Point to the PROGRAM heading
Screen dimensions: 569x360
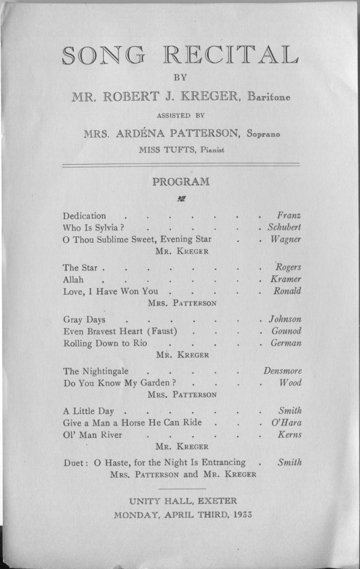[x=181, y=181]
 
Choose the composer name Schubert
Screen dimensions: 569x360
[x=284, y=227]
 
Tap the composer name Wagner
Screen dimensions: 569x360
[x=286, y=240]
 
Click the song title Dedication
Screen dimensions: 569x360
[x=84, y=216]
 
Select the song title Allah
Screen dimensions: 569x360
[x=73, y=279]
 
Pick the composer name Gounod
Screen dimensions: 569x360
[x=286, y=331]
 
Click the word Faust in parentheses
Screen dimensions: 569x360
[x=164, y=331]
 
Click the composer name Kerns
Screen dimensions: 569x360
[x=289, y=435]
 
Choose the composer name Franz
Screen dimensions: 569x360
[x=289, y=216]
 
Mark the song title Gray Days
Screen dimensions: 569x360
[x=84, y=320]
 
